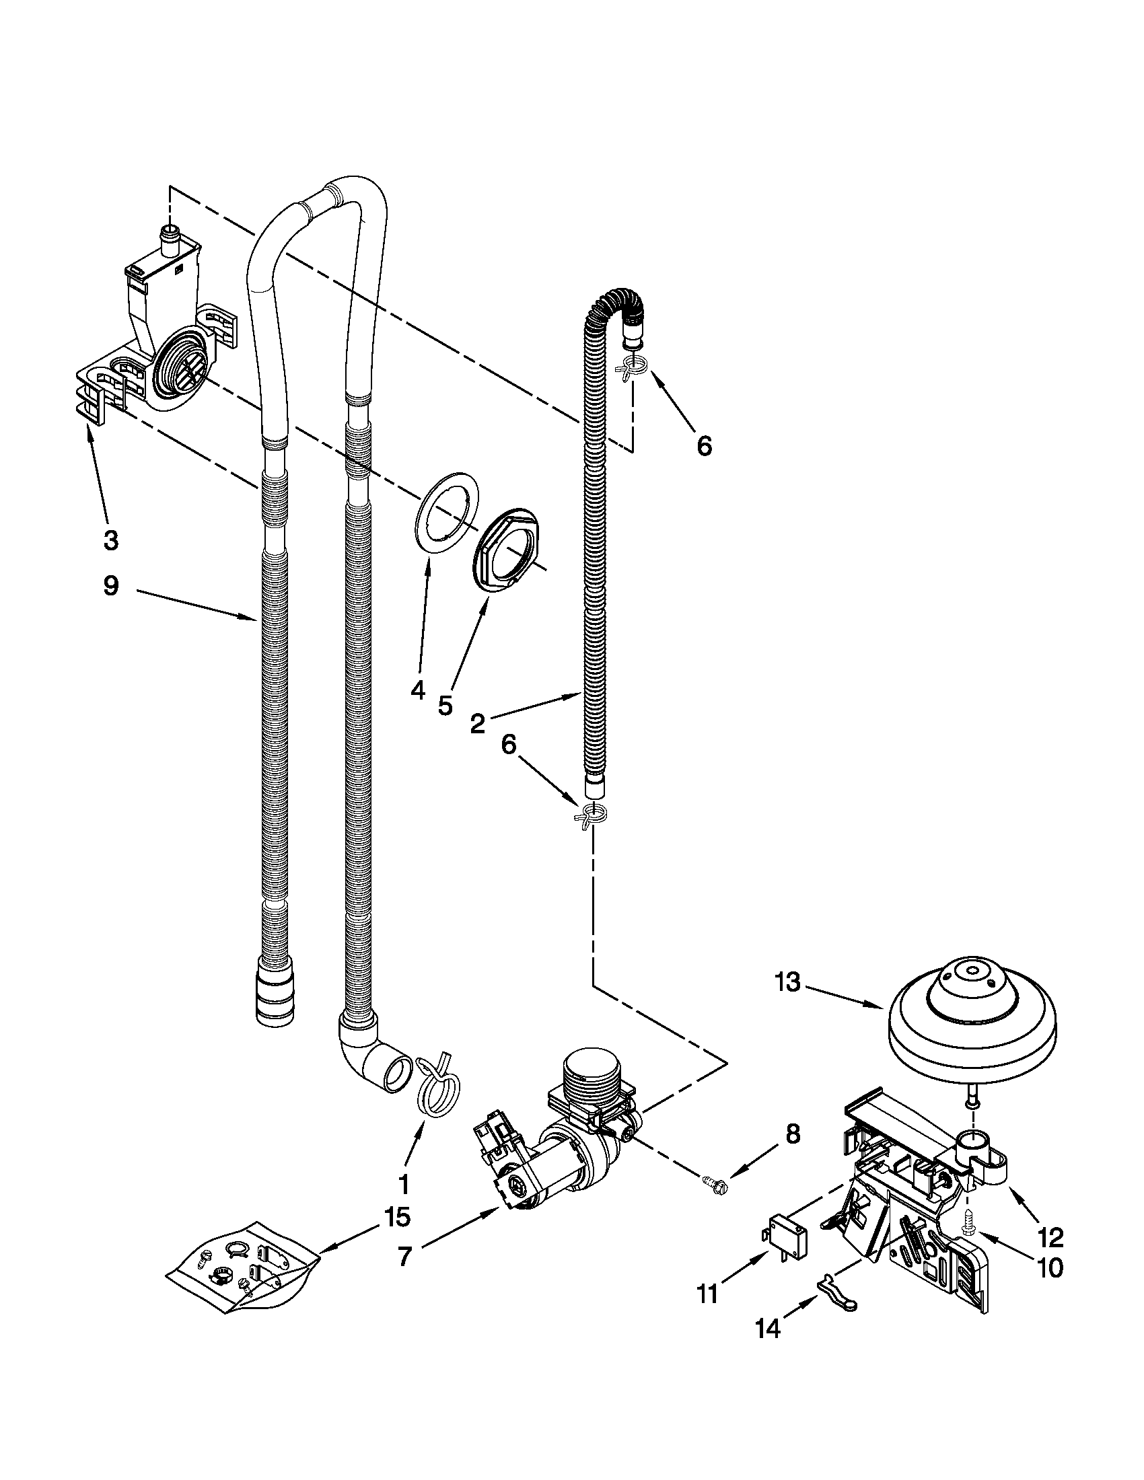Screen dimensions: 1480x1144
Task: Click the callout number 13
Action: click(787, 984)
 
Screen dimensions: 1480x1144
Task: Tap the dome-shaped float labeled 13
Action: click(971, 1023)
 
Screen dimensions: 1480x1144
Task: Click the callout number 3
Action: click(110, 540)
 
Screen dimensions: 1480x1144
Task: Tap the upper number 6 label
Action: click(704, 446)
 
